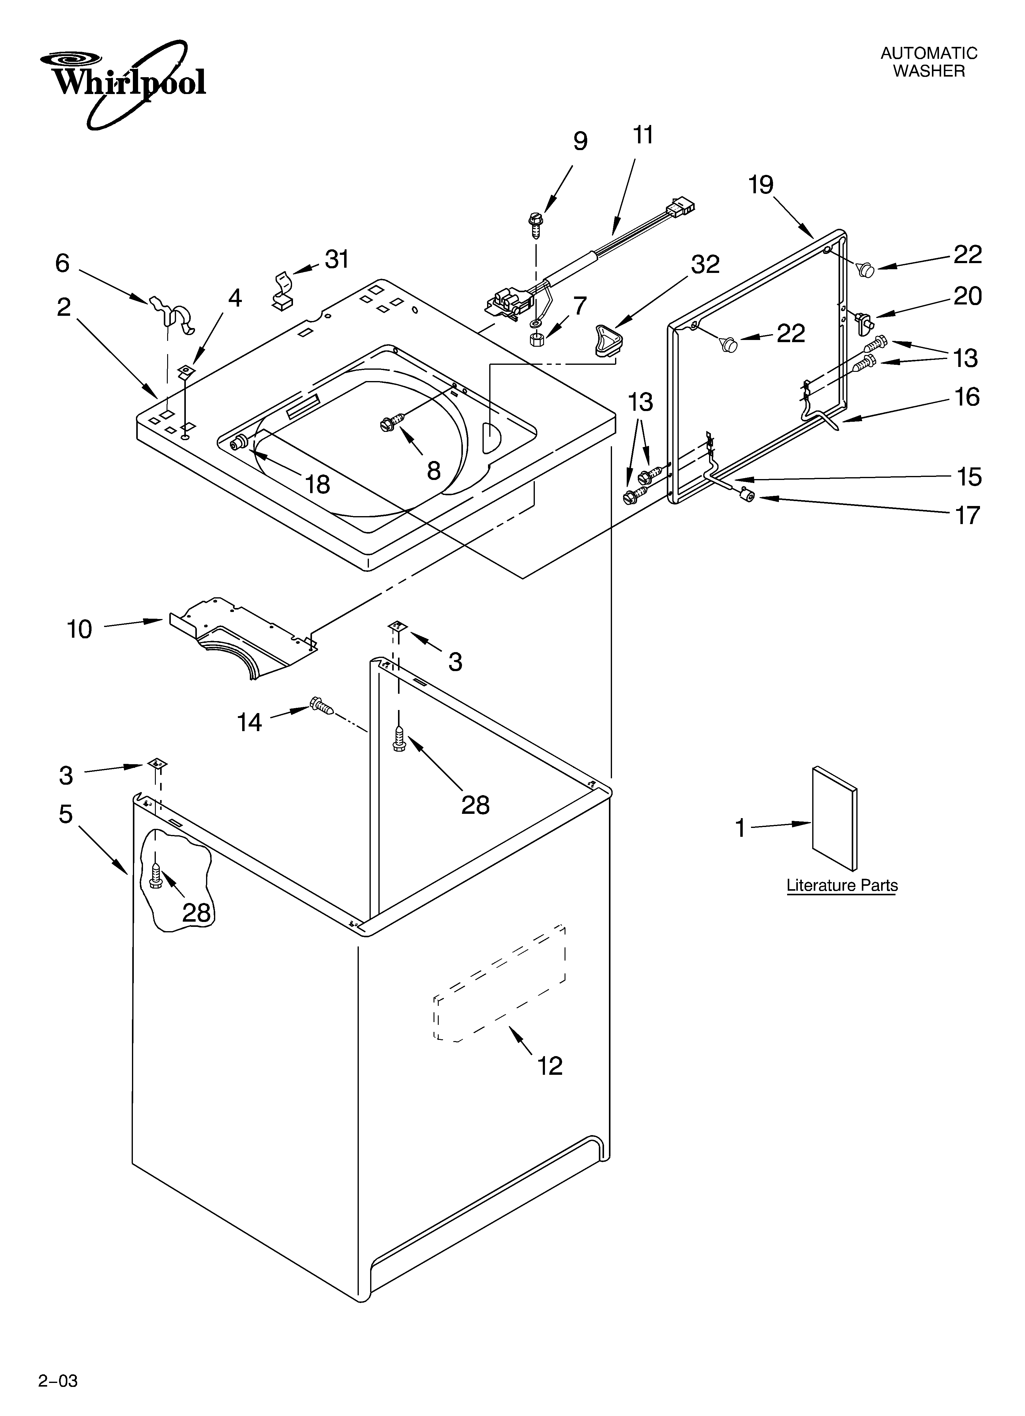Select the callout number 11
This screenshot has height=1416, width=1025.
[x=643, y=135]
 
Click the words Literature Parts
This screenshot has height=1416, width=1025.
[x=842, y=885]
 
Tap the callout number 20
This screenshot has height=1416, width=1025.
[x=967, y=296]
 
